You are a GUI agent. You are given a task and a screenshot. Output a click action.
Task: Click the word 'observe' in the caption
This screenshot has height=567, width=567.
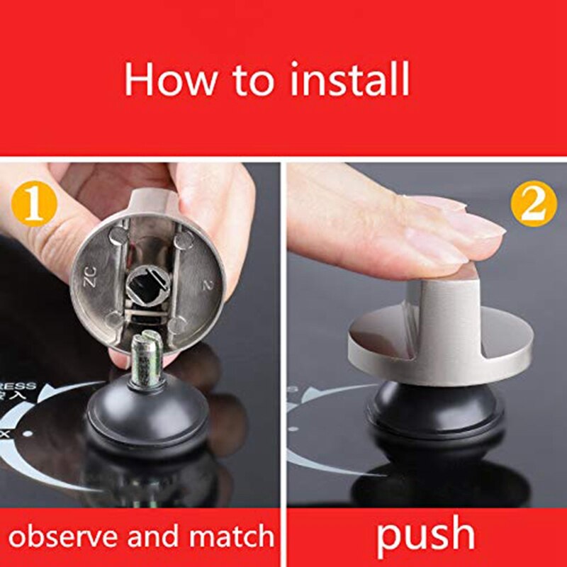62,535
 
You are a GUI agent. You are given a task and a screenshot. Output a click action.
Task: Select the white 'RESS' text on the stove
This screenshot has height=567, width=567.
20,387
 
